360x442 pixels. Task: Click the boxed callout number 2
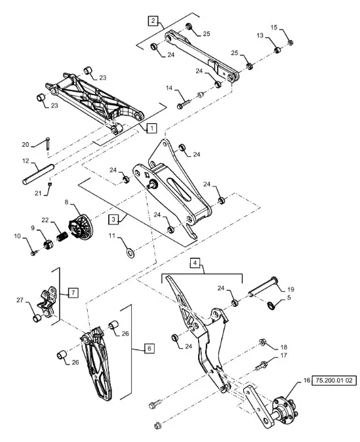pos(153,20)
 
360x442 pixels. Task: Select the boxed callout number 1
pos(151,129)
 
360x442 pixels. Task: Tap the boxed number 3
pos(113,219)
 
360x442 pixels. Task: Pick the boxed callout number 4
pos(195,263)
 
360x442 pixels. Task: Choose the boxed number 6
pos(150,348)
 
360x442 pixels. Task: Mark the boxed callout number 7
pos(73,292)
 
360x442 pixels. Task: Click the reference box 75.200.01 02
pos(334,380)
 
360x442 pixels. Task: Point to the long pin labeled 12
pos(38,174)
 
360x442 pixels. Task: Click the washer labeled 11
pos(130,252)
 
